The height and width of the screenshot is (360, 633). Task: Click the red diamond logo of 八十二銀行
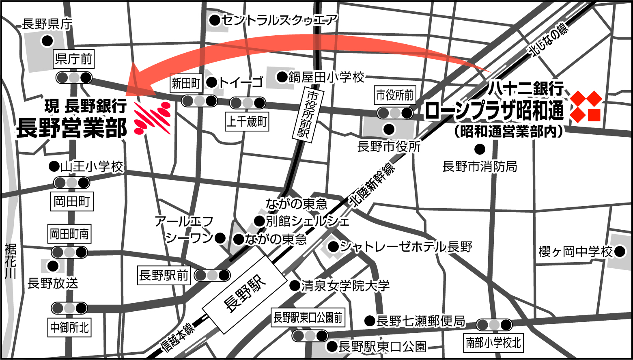[x=585, y=106]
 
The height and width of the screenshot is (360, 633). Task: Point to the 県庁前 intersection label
[x=73, y=59]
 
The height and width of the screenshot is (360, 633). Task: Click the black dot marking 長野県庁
[x=47, y=41]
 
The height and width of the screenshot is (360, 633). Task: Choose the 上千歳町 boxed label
[x=247, y=121]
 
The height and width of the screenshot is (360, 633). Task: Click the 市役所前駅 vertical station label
[x=307, y=114]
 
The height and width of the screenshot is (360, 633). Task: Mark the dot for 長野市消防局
[x=480, y=149]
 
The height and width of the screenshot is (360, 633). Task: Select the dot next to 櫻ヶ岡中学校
[x=620, y=252]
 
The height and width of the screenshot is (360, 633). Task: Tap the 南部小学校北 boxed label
[x=493, y=343]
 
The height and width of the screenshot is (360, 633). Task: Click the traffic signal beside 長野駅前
[x=212, y=275]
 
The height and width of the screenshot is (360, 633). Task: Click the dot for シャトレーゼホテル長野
[x=333, y=246]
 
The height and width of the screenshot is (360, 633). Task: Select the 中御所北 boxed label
[x=69, y=327]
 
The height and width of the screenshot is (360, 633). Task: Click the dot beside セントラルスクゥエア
[x=215, y=19]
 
